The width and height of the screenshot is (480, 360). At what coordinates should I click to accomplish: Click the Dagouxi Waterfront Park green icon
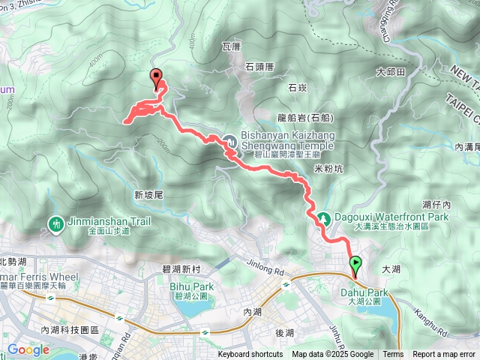[x=325, y=218]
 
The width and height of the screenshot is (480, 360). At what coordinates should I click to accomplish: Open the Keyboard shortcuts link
[x=250, y=355]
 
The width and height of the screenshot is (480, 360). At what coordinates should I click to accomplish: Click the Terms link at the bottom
[x=393, y=355]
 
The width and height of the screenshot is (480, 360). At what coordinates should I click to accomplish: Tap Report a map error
[x=443, y=355]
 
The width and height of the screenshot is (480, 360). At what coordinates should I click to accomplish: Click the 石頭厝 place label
[x=260, y=67]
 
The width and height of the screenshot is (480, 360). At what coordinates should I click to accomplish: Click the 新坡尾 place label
[x=149, y=195]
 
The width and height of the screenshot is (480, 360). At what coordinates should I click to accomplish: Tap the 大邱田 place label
[x=390, y=72]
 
